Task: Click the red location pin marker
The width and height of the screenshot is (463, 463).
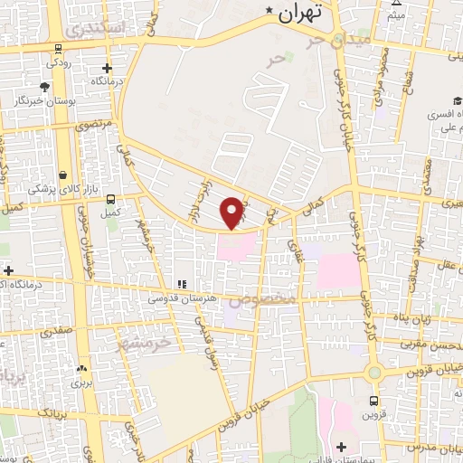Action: click(x=233, y=213)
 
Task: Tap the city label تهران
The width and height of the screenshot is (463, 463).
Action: click(x=300, y=14)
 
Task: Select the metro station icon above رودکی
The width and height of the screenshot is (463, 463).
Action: click(x=58, y=49)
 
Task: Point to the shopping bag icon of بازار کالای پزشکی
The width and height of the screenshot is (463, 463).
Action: click(x=62, y=175)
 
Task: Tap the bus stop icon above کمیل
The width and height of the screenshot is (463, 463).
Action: click(x=111, y=200)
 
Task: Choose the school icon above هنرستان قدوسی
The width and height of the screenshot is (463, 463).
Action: click(x=181, y=284)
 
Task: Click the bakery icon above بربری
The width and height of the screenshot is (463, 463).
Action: click(x=82, y=368)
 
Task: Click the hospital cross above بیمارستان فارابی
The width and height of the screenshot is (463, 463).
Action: click(x=341, y=447)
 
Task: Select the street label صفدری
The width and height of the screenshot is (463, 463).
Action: click(x=55, y=331)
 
